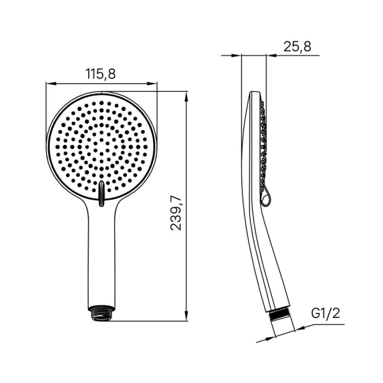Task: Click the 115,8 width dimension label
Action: click(101, 74)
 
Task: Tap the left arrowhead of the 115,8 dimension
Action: click(50, 84)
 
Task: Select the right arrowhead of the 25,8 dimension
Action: click(270, 56)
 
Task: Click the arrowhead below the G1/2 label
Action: click(299, 328)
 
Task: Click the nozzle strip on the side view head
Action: click(263, 144)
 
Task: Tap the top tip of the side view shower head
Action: click(256, 92)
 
